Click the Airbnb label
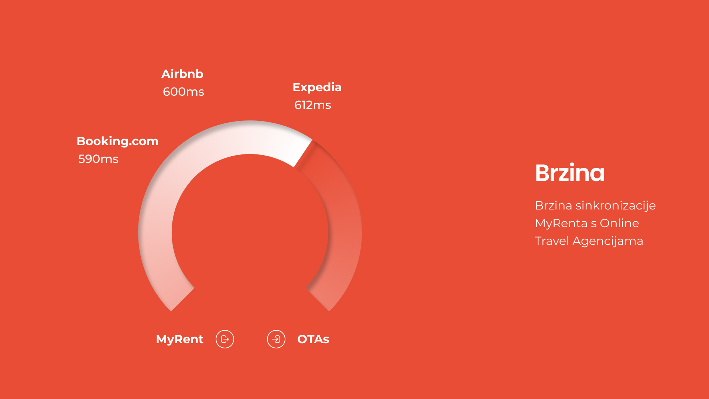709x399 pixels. (x=182, y=74)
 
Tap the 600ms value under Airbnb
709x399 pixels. (x=184, y=92)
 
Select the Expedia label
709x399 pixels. (x=317, y=88)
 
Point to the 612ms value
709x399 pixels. (x=313, y=105)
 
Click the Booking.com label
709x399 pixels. (x=117, y=141)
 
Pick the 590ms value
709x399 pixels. (x=98, y=159)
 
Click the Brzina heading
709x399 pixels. (x=570, y=173)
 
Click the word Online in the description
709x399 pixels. (x=619, y=223)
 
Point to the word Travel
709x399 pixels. (x=552, y=241)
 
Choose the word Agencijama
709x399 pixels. (x=608, y=241)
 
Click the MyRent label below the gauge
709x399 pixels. (x=179, y=339)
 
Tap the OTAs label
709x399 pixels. (x=313, y=339)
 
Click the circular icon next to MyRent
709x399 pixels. (x=225, y=339)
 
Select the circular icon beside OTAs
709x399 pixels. (x=276, y=339)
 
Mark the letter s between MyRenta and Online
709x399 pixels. (x=593, y=224)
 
